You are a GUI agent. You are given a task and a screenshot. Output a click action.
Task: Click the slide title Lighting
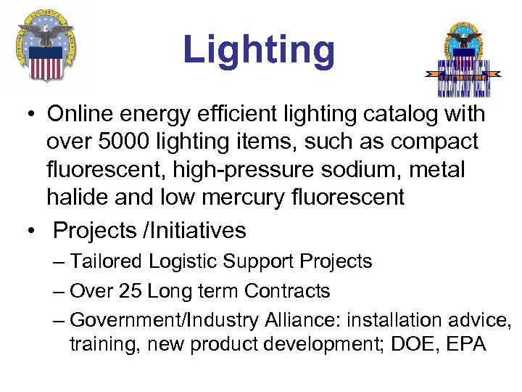(259, 50)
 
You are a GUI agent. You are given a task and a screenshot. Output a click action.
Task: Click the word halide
(78, 196)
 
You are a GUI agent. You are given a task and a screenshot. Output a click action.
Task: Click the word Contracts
(287, 291)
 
